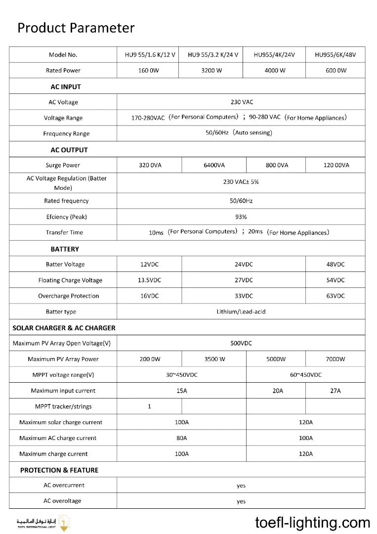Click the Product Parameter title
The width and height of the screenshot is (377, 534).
coord(76,28)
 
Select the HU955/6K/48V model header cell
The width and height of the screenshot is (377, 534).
coord(335,55)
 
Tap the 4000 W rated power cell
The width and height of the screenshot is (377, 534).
coord(275,71)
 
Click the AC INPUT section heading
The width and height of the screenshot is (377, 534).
coord(66,87)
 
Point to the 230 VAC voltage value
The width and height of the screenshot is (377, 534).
coord(242,102)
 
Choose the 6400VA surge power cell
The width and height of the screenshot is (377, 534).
coord(214,165)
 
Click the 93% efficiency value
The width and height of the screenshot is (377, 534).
coord(241,217)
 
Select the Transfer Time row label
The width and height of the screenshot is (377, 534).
coord(64,232)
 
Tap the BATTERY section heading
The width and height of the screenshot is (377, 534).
coord(65,249)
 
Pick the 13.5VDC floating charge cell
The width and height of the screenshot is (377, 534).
coord(149,280)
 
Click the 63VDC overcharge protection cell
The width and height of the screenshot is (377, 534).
coord(335,296)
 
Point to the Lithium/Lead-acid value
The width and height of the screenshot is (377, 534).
coord(241,312)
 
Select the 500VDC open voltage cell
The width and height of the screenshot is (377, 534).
coord(241,343)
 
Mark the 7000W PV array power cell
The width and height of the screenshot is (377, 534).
coord(335,359)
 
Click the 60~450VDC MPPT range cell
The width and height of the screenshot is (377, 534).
coord(306,375)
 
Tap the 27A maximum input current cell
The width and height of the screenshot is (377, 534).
coord(335,391)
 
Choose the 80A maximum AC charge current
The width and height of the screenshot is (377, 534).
coord(182,438)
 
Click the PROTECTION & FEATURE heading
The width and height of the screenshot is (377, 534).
coord(59,470)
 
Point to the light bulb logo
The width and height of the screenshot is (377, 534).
coord(63,522)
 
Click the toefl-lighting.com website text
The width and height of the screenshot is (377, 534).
coord(313,523)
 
